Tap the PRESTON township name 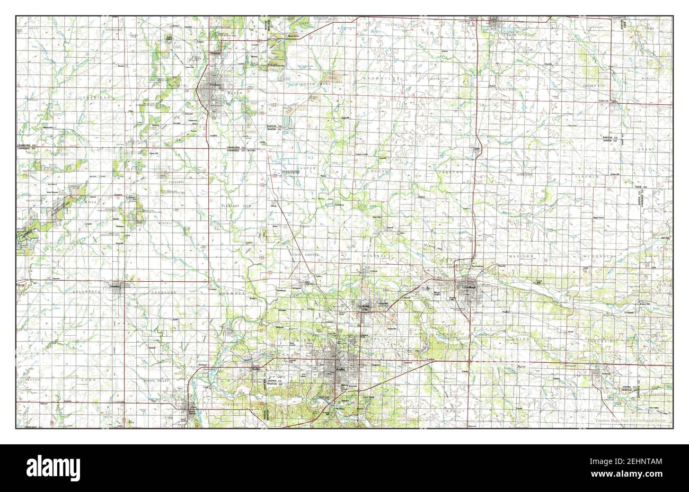(x=450, y=173)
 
